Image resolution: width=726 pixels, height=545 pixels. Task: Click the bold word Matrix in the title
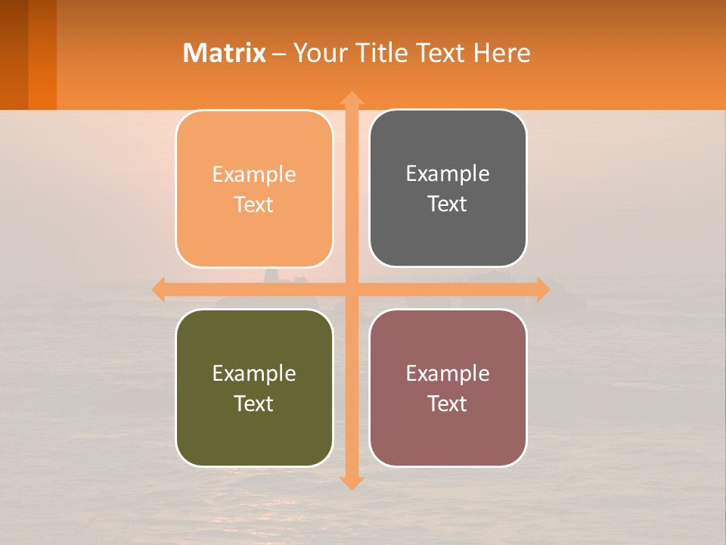click(225, 53)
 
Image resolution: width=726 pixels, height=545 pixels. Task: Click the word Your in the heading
click(318, 53)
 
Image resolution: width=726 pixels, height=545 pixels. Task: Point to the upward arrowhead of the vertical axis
click(352, 98)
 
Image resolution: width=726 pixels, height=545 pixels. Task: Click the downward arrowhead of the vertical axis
click(352, 482)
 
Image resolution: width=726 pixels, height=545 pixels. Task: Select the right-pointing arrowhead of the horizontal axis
click(543, 289)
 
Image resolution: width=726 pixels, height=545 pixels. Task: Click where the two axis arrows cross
click(352, 289)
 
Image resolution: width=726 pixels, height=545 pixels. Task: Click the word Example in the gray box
click(448, 174)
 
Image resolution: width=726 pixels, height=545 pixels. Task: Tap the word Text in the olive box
click(254, 403)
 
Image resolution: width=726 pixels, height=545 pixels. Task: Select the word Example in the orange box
click(254, 175)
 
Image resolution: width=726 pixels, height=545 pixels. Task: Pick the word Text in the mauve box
click(448, 403)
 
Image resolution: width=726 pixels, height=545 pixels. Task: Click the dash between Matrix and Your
click(280, 54)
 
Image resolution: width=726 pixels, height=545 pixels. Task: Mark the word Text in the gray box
click(448, 204)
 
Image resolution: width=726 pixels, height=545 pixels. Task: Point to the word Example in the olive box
click(254, 373)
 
